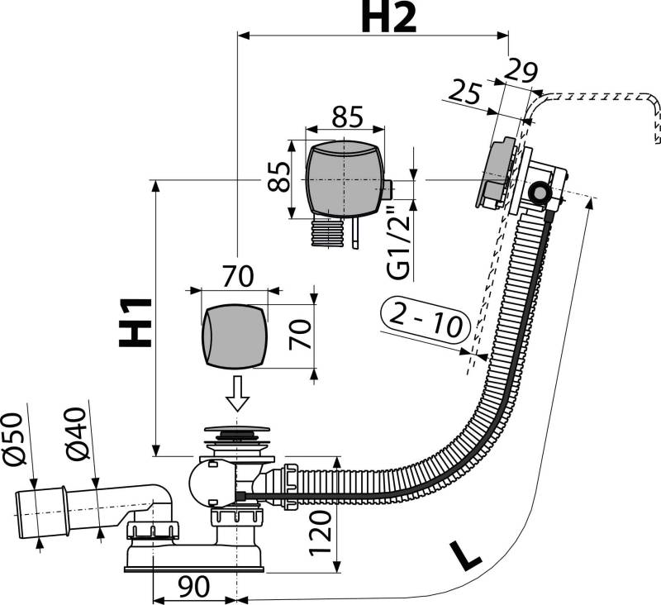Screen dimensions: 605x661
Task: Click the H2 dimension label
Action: tap(388, 18)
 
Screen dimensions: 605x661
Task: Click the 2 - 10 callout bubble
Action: tap(426, 319)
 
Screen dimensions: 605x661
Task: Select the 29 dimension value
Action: tap(522, 69)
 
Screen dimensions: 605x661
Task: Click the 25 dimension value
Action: tap(467, 93)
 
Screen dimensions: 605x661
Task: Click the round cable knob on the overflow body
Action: tap(540, 193)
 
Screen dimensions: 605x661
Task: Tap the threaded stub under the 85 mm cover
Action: tap(329, 233)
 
